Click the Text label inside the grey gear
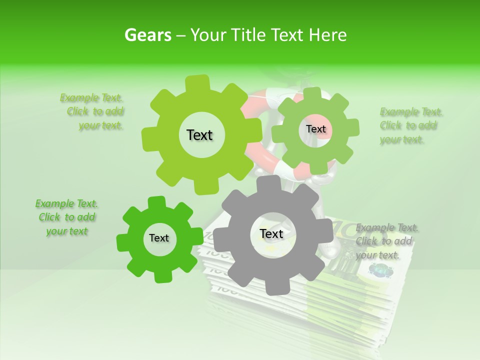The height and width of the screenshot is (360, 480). pos(271,234)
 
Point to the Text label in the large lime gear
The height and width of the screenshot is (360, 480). pos(199,135)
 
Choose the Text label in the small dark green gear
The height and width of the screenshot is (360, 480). pos(159,238)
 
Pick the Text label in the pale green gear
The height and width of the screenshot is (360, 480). pos(315,129)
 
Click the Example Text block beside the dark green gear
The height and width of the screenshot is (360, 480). pos(66,217)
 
